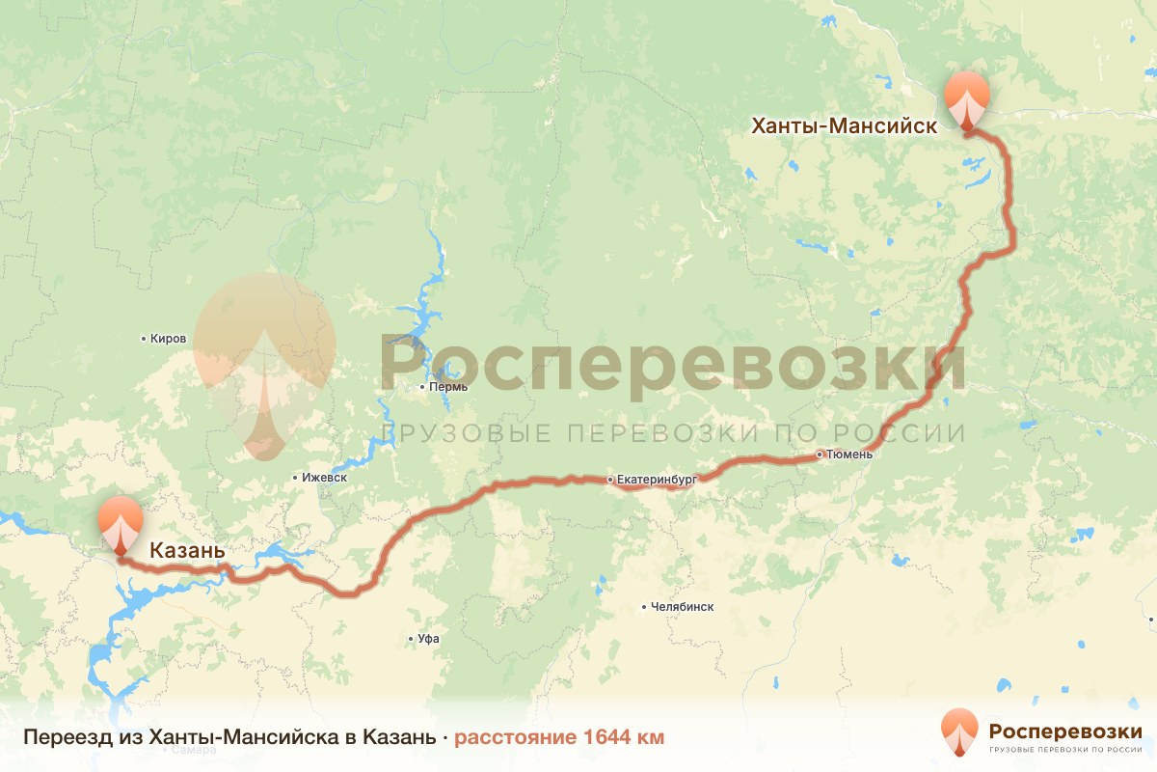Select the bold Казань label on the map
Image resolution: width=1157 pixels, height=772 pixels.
click(187, 551)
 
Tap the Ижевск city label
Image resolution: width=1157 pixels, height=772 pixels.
click(324, 478)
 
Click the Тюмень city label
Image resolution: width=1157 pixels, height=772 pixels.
click(849, 454)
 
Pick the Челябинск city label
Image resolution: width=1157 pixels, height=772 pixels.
click(683, 607)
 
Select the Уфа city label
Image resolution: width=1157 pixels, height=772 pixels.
click(429, 639)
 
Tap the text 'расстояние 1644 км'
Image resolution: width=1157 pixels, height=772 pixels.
click(559, 738)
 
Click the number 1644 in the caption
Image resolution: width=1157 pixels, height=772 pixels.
click(607, 738)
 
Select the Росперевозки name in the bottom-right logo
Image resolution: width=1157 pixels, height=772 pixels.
click(1065, 730)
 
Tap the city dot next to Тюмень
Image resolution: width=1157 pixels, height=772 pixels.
click(819, 454)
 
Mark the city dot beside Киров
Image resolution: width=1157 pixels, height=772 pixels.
click(144, 339)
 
